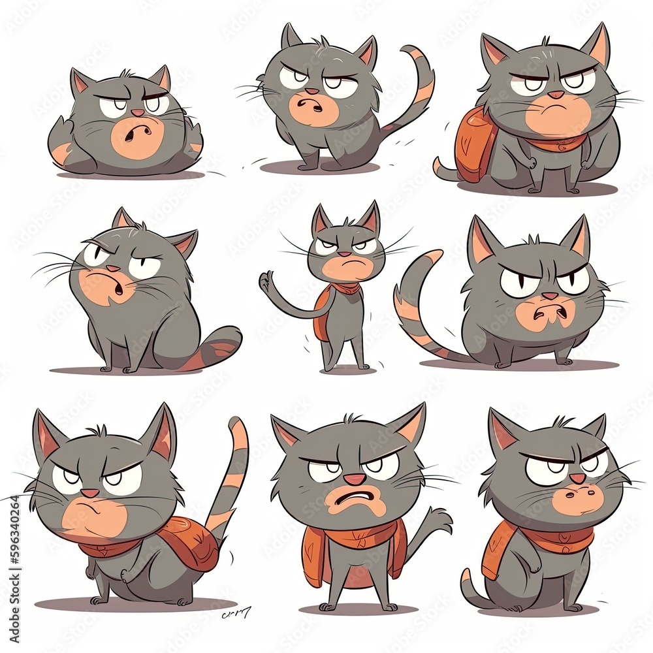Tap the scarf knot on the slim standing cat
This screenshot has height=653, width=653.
(346, 289)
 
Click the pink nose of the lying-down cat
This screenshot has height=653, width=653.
(138, 113)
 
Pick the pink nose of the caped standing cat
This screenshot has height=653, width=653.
(355, 479)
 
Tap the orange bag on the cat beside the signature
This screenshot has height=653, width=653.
(189, 542)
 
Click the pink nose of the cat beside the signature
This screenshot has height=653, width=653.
(90, 492)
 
